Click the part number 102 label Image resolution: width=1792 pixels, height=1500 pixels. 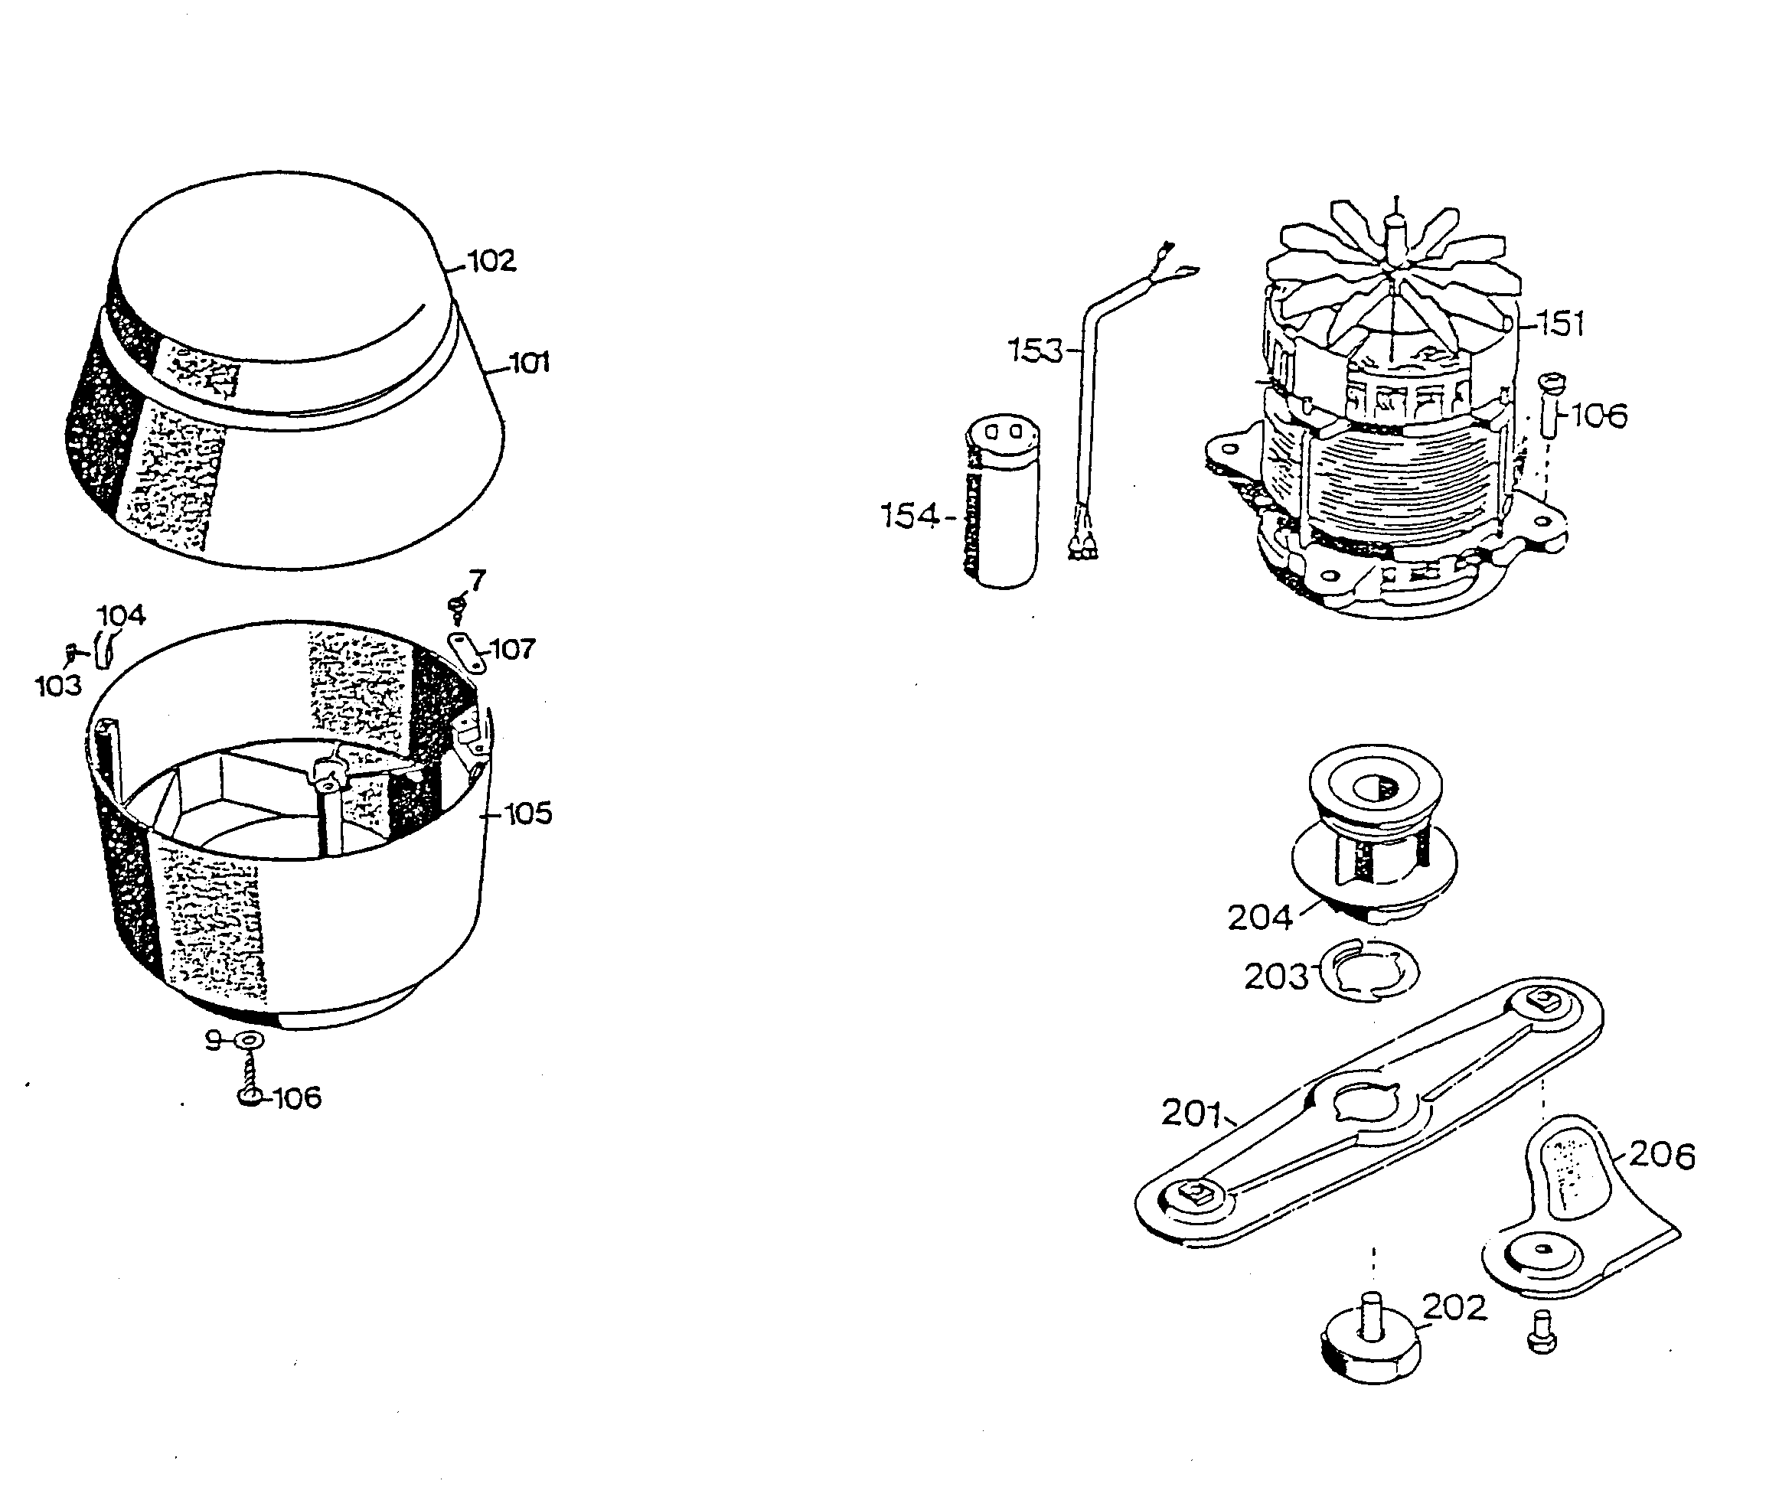492,260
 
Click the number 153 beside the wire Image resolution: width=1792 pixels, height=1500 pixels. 1035,350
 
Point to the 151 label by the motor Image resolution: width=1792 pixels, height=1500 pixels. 1561,324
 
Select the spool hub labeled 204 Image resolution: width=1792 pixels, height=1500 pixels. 1374,845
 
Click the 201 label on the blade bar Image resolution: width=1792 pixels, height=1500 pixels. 1191,1113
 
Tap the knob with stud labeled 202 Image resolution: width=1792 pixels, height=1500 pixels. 1373,1344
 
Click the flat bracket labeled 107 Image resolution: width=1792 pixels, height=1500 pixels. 467,653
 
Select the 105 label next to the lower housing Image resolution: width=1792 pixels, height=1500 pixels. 528,814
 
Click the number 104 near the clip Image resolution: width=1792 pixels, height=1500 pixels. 121,615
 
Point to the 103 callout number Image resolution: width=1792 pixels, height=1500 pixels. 58,685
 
